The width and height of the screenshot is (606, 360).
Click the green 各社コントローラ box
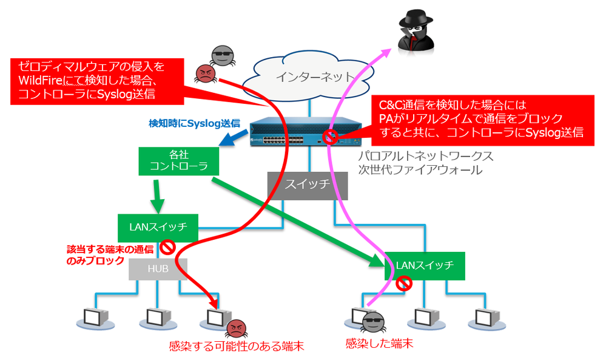tap(178, 161)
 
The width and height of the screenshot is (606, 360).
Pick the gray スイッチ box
tap(308, 186)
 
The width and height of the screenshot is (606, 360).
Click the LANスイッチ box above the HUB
tap(158, 228)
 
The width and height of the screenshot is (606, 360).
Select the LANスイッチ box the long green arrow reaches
tap(425, 265)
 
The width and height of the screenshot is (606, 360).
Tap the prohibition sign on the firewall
tap(331, 137)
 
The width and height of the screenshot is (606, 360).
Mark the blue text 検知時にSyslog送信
tap(194, 123)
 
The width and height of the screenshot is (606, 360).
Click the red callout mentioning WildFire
tap(91, 80)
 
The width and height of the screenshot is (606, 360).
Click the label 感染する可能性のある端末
tap(236, 347)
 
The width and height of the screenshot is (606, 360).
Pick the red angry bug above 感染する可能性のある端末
tap(235, 328)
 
